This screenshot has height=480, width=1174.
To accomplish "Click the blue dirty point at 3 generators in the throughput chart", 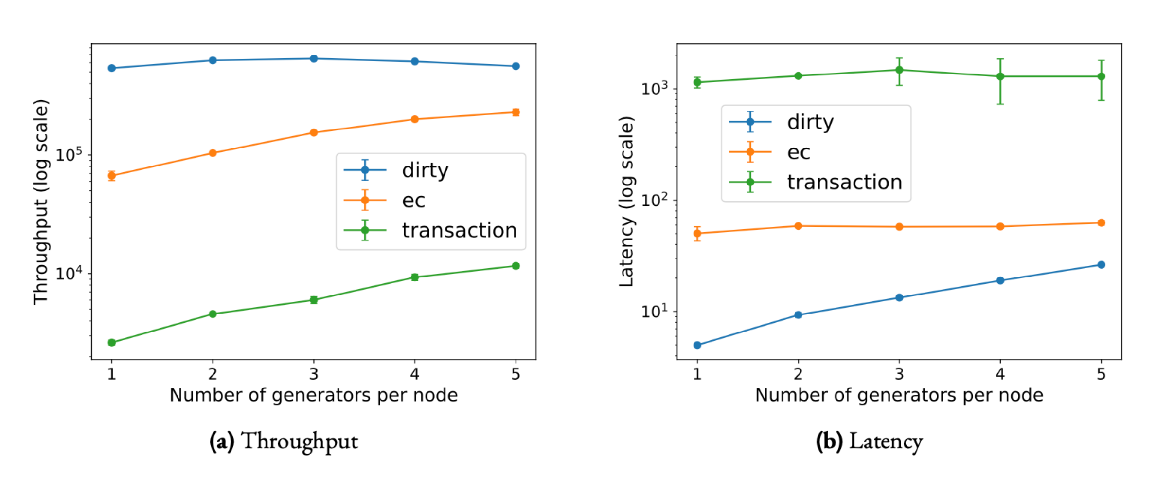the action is (314, 59).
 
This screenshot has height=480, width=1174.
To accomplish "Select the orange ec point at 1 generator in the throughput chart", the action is (112, 176).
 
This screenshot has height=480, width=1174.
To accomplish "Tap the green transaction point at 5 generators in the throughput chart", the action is (516, 266).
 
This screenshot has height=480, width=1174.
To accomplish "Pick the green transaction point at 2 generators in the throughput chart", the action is (213, 314).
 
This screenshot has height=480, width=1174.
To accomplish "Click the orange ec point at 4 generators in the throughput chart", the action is (415, 119).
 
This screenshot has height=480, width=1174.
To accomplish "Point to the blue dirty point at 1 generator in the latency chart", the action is (697, 345).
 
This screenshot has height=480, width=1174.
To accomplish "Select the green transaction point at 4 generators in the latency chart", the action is (1000, 76).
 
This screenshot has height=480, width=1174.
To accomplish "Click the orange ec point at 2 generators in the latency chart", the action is (798, 226).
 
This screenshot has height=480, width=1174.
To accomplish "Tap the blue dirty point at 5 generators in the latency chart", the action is (1102, 265).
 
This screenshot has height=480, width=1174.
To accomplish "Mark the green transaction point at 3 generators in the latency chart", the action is (899, 70).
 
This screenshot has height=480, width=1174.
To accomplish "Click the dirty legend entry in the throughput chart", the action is (396, 170).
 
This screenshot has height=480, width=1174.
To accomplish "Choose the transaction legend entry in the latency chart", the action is (816, 183).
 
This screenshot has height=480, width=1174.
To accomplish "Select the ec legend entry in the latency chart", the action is (770, 152).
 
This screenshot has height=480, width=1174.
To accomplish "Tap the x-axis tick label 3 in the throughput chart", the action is (314, 374).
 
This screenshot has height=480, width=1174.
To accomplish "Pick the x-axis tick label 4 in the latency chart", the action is (1000, 374).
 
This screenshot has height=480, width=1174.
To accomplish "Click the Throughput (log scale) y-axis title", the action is (41, 202).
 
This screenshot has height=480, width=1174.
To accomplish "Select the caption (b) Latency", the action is (869, 442).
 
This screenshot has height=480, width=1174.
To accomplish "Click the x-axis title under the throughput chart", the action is (314, 395).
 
